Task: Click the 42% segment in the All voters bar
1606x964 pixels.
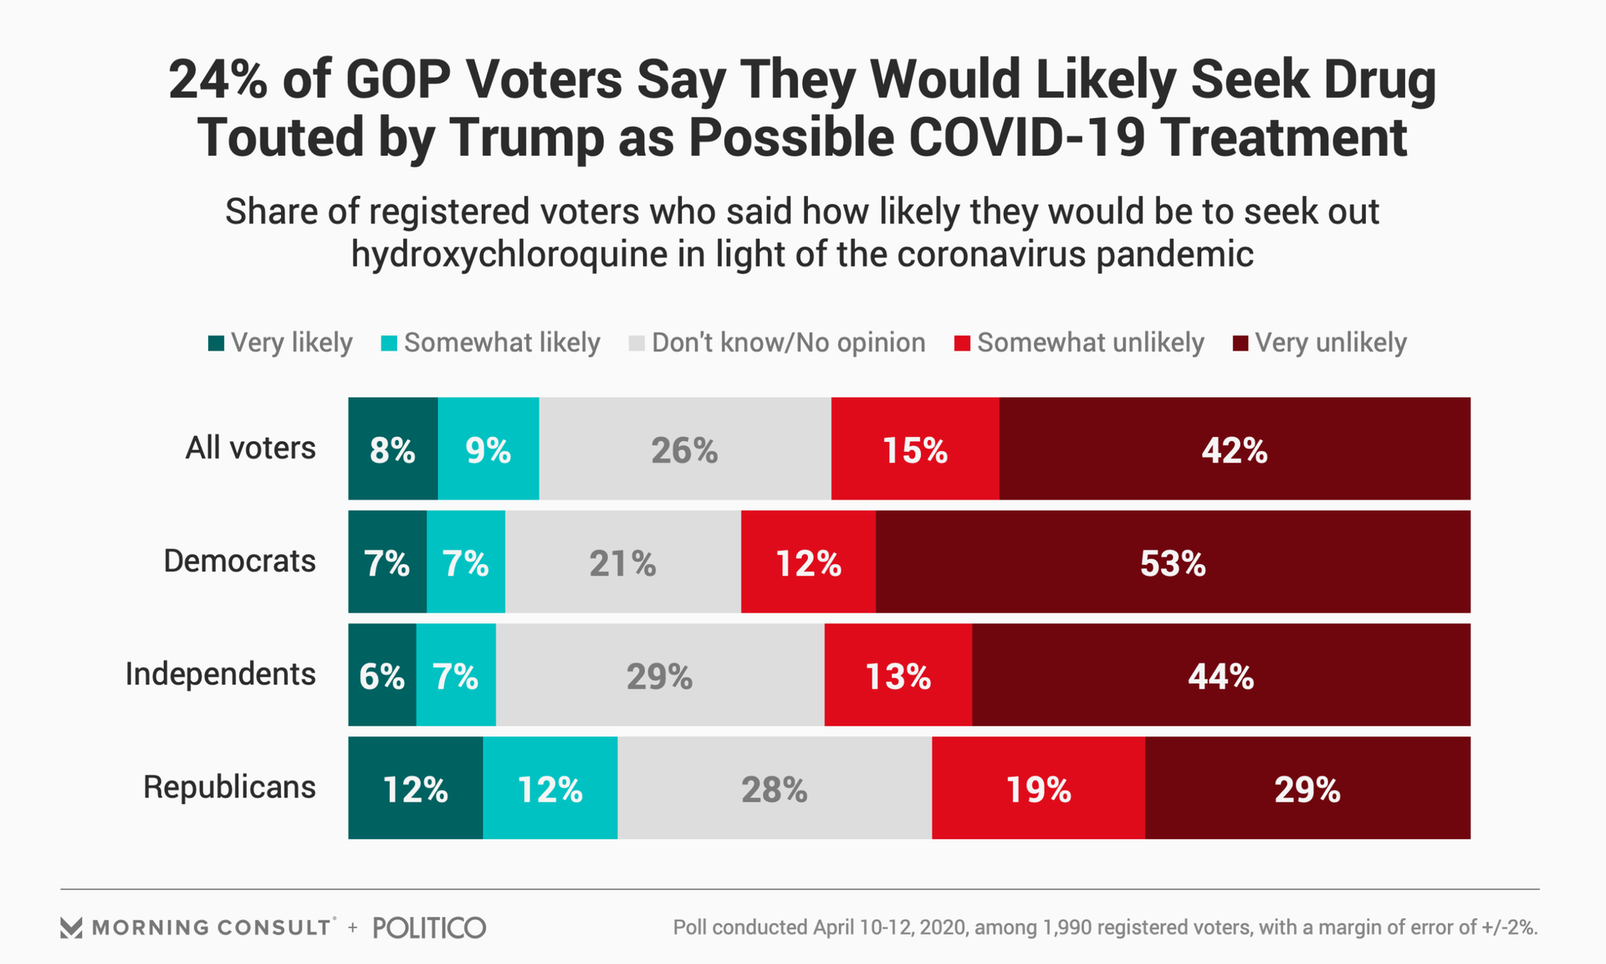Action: click(x=1235, y=449)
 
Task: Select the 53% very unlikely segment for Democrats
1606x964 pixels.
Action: click(x=1173, y=562)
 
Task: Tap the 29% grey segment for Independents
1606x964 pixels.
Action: click(x=660, y=675)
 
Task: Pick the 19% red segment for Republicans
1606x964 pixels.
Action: click(x=1038, y=788)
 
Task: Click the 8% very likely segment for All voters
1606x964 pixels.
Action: click(x=393, y=449)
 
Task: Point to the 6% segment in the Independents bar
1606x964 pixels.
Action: click(x=382, y=675)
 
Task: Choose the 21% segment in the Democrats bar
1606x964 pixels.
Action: click(x=623, y=562)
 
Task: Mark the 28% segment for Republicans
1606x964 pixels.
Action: click(x=775, y=788)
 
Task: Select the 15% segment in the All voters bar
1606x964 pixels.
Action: click(x=915, y=449)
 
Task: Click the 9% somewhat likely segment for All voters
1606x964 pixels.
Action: click(x=488, y=449)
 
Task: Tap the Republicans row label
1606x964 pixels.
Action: click(x=229, y=787)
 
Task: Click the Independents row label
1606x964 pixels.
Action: click(x=220, y=674)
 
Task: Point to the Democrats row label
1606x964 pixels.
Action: click(x=239, y=561)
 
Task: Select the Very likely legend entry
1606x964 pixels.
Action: click(x=280, y=343)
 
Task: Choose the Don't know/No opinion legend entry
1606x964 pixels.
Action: click(x=777, y=343)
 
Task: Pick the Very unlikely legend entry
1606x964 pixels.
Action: click(x=1320, y=343)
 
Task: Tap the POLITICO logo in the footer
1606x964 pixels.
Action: click(x=429, y=927)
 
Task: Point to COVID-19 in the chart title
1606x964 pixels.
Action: click(x=1026, y=137)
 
